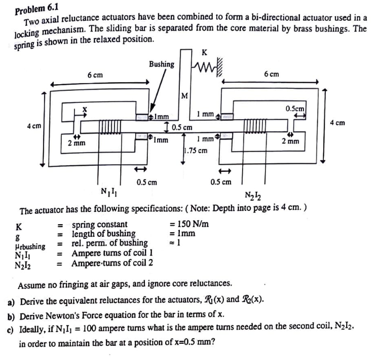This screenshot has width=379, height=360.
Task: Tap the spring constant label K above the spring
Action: tap(204, 52)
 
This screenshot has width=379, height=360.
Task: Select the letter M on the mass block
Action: tap(185, 96)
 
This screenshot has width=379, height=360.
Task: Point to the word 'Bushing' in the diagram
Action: tap(162, 64)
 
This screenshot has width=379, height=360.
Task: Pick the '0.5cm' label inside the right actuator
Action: tap(294, 109)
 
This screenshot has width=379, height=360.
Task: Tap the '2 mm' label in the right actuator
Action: tap(290, 141)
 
